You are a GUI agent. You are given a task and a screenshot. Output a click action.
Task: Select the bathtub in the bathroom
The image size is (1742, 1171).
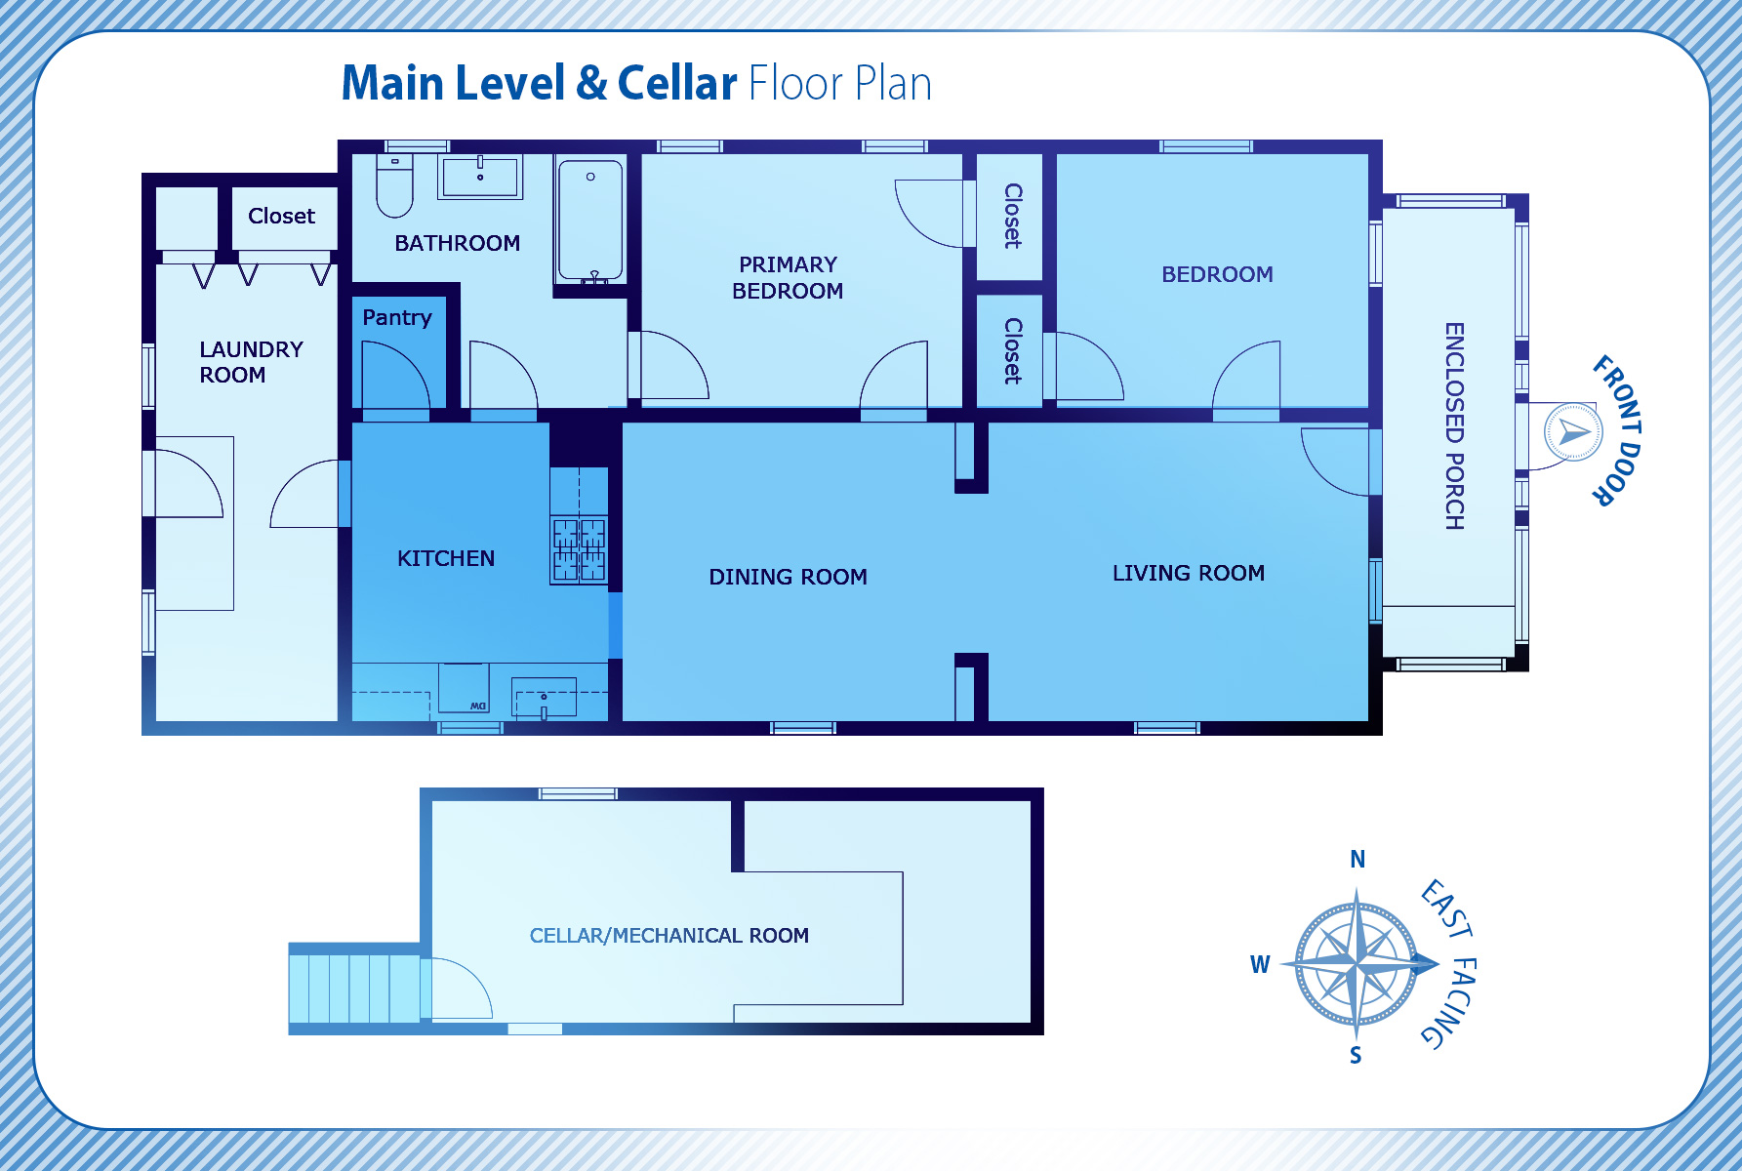pos(590,221)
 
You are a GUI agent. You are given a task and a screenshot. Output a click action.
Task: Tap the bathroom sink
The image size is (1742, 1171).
pos(479,178)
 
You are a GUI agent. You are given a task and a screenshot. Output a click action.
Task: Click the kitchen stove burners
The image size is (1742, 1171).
pos(579,549)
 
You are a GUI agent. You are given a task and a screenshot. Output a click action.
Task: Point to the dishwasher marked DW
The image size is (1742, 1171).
pos(465,689)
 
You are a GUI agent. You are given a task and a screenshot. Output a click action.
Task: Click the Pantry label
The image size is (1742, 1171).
pos(396,317)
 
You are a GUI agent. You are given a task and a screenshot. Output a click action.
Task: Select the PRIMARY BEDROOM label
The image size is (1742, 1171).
pos(788,278)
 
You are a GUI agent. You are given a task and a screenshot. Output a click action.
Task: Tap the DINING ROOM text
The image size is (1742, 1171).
pos(788,577)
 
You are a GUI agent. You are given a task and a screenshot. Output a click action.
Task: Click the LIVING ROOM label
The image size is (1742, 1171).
pos(1188,573)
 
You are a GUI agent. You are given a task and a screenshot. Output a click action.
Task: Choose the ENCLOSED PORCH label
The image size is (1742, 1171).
pos(1454,426)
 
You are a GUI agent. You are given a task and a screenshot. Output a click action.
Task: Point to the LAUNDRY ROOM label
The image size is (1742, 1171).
pos(251,362)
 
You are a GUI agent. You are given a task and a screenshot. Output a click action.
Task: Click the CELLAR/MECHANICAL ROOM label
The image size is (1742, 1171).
pos(668,936)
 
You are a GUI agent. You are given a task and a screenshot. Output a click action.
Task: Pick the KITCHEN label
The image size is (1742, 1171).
pos(446,558)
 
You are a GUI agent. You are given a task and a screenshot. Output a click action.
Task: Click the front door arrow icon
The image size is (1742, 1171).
pos(1572,431)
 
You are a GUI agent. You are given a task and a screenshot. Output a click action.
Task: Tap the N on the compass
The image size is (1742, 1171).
pos(1357,860)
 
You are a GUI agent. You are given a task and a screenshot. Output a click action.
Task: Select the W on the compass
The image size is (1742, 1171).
pos(1260,964)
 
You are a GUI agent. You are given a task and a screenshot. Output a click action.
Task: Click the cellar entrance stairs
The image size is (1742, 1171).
pos(355,989)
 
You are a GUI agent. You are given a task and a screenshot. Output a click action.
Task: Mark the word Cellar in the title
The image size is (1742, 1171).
pos(676,83)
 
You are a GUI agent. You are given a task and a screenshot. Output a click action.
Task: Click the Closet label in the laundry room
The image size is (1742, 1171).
pos(281,216)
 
